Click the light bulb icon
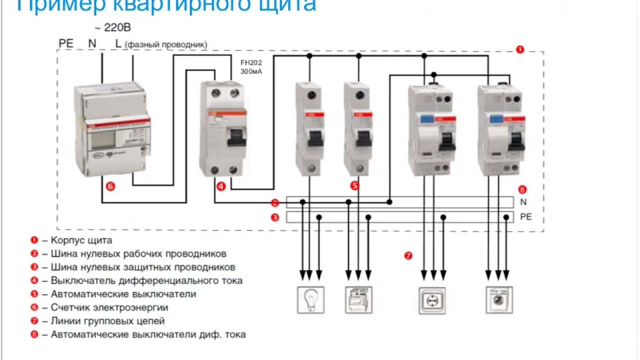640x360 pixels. point(310,299)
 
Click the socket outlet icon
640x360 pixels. point(432,300)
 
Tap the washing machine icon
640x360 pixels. point(499,299)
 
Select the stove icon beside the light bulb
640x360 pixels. point(358,299)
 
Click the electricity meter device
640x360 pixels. point(111,130)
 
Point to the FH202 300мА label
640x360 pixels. point(251,67)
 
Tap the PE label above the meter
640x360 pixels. point(66,43)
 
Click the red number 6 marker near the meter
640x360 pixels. point(110,186)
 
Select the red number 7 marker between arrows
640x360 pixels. point(408,255)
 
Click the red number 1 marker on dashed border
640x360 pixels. point(520,49)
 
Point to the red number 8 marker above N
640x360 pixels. point(522,189)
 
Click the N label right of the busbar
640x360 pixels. point(523,202)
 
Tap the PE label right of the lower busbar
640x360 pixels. point(526,217)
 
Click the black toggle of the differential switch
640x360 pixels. point(236,135)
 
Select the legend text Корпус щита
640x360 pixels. point(81,240)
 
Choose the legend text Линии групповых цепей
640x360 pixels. point(107,321)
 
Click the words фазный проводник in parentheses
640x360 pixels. point(166,44)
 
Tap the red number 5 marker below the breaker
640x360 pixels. point(355,185)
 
